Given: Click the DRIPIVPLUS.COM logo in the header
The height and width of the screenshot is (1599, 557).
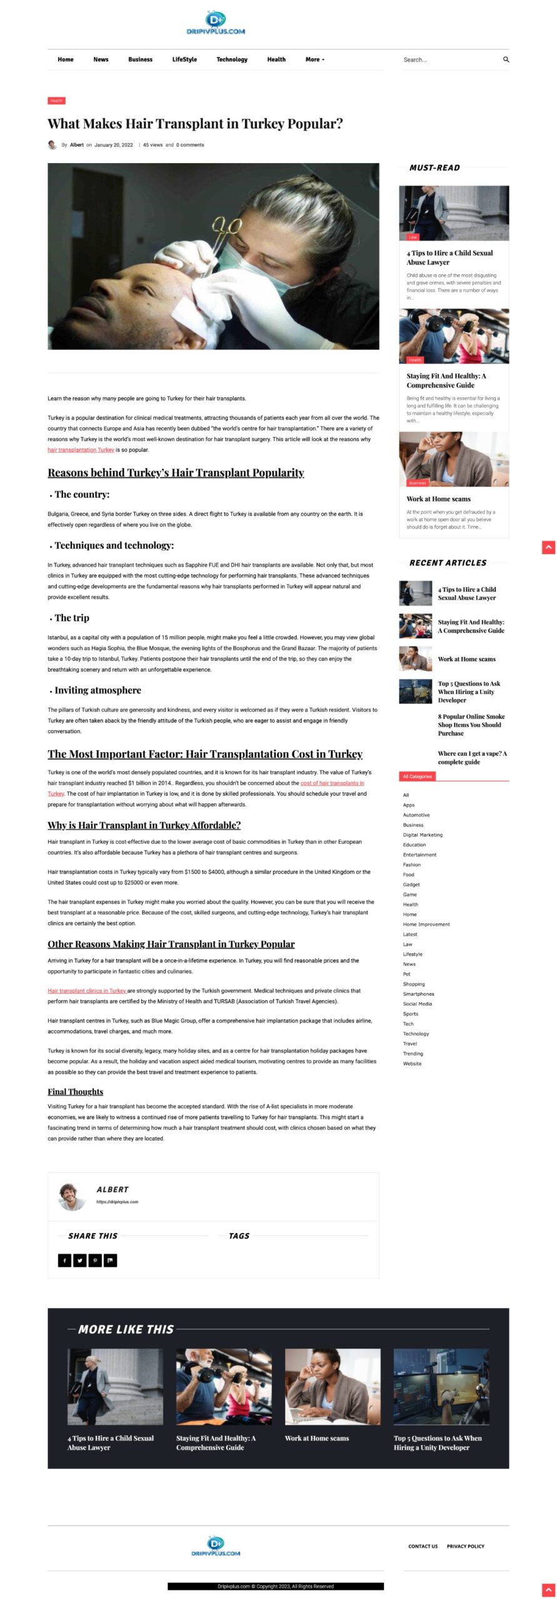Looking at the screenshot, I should [x=216, y=23].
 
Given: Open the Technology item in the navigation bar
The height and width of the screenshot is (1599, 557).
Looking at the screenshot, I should [x=232, y=60].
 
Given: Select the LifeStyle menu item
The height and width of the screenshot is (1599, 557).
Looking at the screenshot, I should [x=184, y=60].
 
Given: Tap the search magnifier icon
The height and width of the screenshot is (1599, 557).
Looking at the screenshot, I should [x=506, y=60].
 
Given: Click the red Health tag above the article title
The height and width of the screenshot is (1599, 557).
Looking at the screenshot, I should [x=56, y=101].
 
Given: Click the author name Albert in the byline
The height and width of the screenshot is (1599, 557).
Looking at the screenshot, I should [x=76, y=145].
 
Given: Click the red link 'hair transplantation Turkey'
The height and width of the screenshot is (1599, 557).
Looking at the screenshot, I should [x=81, y=450].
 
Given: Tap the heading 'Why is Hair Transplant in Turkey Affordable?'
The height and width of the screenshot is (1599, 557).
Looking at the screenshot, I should [x=144, y=825].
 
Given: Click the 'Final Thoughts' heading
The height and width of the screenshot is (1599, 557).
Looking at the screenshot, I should [x=75, y=1091].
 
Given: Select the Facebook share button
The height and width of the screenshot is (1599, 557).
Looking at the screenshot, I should [x=64, y=1260].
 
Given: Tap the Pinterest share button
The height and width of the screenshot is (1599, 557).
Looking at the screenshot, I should [x=95, y=1260].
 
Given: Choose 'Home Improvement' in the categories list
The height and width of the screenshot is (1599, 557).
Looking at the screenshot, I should [x=426, y=924].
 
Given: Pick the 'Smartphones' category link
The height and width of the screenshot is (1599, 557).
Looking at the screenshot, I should [x=418, y=994].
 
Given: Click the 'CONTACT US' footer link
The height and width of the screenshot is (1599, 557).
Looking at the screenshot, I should [x=423, y=1547].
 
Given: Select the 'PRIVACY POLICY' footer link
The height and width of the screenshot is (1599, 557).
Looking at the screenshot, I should [x=465, y=1547].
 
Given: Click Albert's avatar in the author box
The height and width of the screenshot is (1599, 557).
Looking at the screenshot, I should [x=71, y=1197].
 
